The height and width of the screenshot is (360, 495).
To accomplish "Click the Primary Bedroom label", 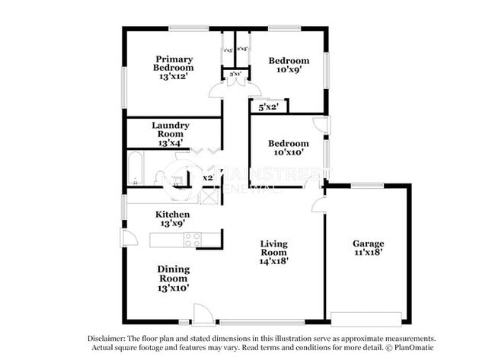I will [174, 68].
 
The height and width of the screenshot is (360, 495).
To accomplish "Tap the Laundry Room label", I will [171, 134].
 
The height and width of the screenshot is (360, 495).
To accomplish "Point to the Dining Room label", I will [174, 278].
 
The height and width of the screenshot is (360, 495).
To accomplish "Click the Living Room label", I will [273, 252].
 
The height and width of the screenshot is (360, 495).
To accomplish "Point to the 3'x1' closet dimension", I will [229, 74].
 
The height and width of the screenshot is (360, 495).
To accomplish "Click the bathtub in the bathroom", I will [136, 169].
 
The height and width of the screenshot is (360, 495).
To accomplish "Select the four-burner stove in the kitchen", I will [192, 240].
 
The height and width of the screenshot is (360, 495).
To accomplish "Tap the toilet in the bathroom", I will [161, 180].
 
